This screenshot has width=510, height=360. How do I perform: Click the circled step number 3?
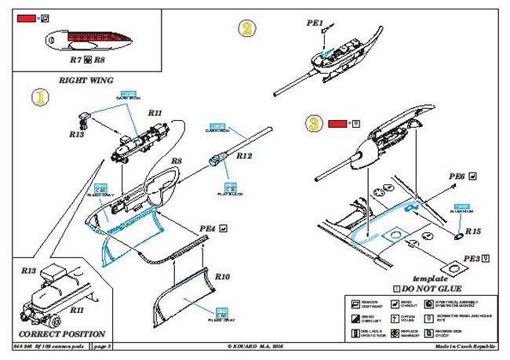tap(314, 124)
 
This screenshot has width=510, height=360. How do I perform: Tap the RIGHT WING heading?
tap(86, 80)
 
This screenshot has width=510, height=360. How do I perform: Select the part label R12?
tap(243, 155)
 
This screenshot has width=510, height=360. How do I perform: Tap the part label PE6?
tap(457, 176)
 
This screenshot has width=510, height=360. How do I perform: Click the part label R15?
tap(472, 231)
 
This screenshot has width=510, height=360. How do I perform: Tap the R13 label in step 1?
tap(76, 134)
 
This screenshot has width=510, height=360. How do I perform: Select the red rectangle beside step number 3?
tap(338, 123)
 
